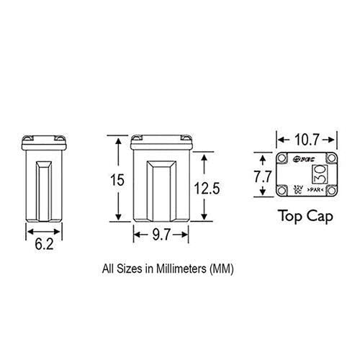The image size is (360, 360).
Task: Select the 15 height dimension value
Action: (x=115, y=181)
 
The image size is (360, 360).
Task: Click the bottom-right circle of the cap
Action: (x=332, y=190)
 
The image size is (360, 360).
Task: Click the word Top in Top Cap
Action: (x=290, y=215)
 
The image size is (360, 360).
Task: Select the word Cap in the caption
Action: (x=317, y=215)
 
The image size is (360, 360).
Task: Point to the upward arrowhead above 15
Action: (x=115, y=140)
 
